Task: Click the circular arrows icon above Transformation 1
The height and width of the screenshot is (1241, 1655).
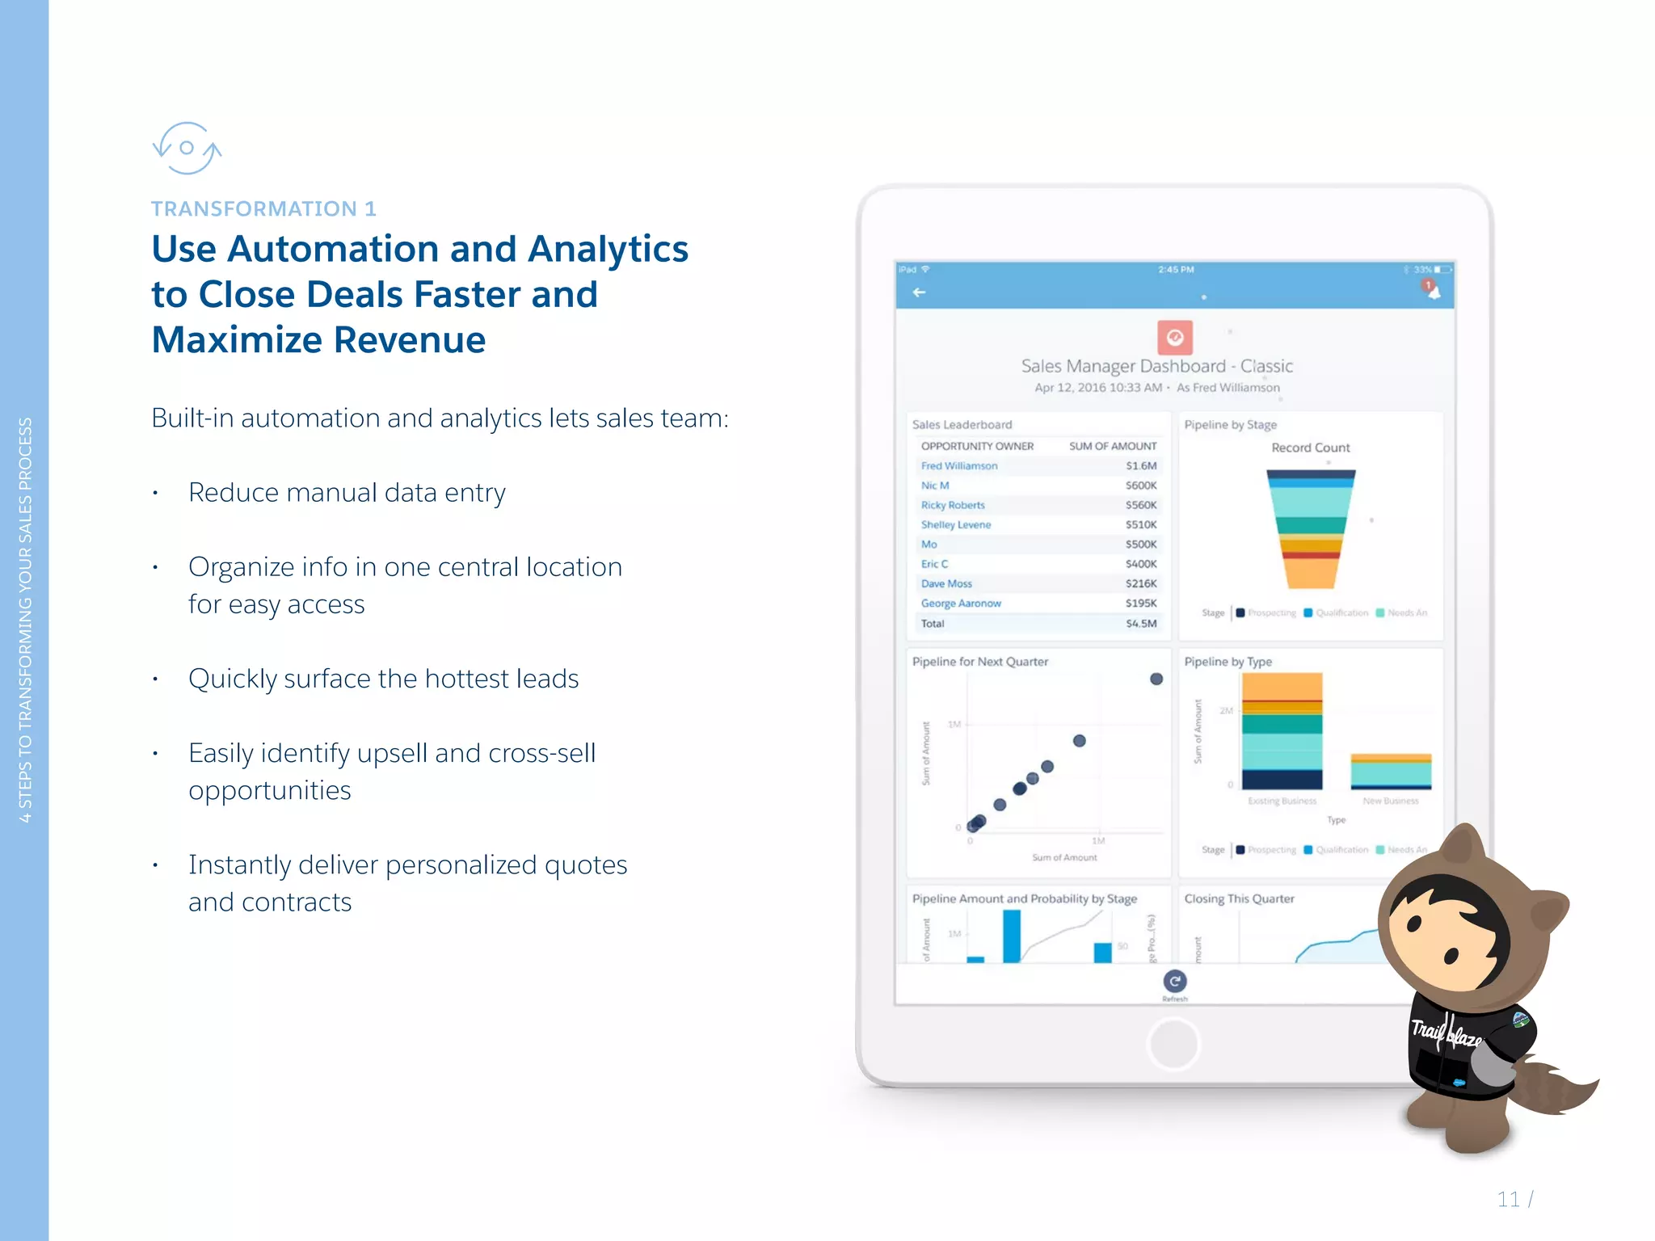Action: point(187,148)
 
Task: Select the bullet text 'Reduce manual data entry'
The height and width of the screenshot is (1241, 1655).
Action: point(347,493)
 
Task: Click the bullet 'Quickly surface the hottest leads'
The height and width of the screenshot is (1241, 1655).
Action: point(383,679)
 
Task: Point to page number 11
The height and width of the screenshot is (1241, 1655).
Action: point(1508,1199)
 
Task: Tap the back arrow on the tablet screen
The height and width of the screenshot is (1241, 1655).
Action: point(919,292)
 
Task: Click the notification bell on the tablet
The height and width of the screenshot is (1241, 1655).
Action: point(1432,290)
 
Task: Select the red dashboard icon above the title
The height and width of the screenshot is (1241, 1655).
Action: point(1174,338)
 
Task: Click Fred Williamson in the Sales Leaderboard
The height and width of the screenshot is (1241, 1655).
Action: point(959,466)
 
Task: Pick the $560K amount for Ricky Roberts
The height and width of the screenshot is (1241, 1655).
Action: point(1140,505)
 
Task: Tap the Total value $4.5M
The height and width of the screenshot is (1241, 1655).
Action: point(1141,624)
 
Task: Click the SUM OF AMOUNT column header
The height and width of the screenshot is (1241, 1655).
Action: point(1112,446)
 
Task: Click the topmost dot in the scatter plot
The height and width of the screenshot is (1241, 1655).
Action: point(1156,679)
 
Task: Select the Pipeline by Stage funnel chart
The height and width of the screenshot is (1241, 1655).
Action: point(1310,529)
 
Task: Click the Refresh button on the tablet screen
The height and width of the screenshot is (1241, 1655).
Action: point(1174,982)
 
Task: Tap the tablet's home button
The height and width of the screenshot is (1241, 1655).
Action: point(1173,1044)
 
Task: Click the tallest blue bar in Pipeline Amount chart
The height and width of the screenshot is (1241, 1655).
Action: point(1011,936)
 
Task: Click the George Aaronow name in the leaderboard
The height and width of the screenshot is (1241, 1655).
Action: point(961,604)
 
